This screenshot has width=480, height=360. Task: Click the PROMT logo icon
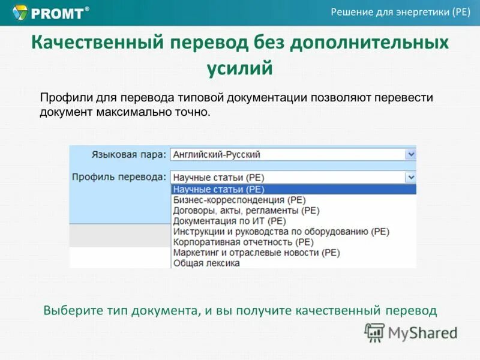20,12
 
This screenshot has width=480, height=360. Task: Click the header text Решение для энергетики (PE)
400,13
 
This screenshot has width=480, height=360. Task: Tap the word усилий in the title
239,68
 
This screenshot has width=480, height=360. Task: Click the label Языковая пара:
128,155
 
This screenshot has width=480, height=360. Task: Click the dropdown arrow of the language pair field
410,154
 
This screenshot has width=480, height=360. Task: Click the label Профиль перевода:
119,177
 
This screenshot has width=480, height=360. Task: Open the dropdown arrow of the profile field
410,177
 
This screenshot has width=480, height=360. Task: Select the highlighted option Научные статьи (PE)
218,189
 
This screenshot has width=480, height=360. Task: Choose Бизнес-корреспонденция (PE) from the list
239,200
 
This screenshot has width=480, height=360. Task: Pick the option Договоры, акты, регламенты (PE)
246,211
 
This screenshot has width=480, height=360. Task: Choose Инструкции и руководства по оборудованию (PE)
281,232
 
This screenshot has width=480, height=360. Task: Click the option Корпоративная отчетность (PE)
243,242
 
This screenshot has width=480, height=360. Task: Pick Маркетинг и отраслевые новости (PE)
256,253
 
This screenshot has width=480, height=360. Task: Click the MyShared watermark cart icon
375,331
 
